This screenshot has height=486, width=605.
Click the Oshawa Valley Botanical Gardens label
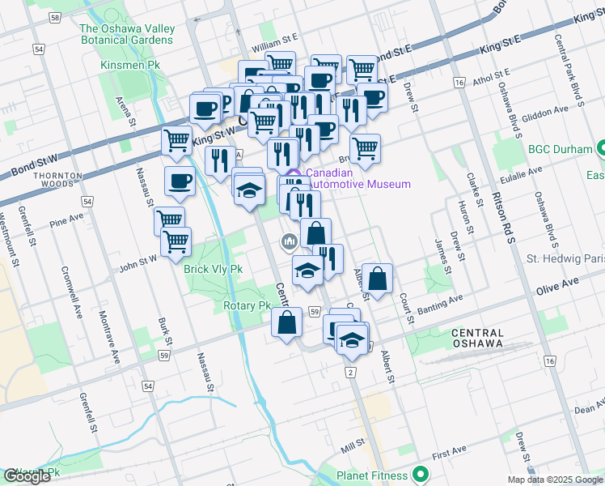point(127,34)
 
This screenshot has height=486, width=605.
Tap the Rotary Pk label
point(247,306)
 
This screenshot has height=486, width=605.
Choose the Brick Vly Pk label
point(190,268)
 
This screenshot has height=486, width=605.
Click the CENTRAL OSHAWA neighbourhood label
point(478,338)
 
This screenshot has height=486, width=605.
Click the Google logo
point(27,476)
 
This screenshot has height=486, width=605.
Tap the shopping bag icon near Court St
point(378,279)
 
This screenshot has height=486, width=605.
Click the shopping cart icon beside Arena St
point(176,139)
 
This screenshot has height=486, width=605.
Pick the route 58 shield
point(54,17)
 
